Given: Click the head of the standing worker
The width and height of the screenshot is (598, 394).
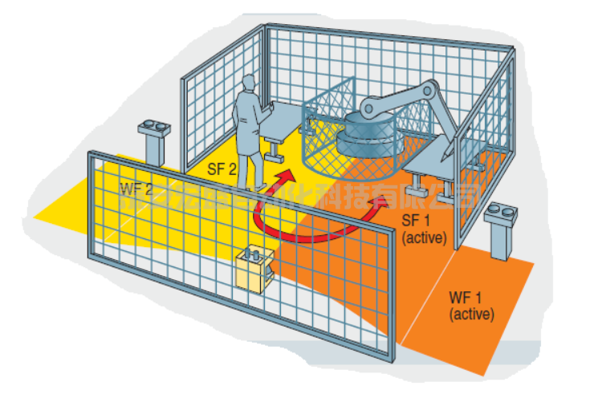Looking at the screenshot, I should (x=249, y=83).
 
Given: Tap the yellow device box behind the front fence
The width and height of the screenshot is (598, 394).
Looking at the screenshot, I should (x=255, y=268).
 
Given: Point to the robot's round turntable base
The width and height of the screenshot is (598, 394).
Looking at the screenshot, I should (x=367, y=136).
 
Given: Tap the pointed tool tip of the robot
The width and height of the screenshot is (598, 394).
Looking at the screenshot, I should (x=443, y=152).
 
